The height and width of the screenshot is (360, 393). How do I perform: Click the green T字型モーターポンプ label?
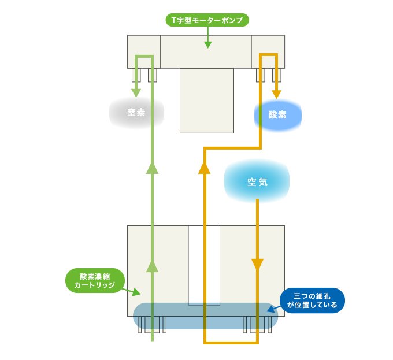(x=207, y=20)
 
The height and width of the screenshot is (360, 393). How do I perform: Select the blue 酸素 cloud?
(x=278, y=114)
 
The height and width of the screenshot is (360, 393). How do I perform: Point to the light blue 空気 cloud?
(x=257, y=182)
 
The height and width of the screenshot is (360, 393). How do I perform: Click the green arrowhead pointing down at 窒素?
(x=137, y=92)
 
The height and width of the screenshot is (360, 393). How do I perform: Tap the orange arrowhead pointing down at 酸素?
(x=277, y=92)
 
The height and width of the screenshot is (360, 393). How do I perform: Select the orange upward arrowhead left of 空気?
(x=203, y=168)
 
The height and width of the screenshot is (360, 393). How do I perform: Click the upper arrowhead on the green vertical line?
(x=152, y=167)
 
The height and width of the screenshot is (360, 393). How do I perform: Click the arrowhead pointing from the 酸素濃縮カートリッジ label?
(x=137, y=292)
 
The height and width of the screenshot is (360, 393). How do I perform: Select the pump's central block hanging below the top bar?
(x=206, y=101)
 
